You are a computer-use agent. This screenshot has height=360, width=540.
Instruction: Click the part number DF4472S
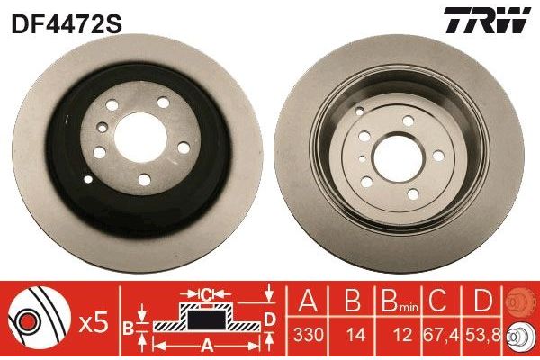(x=67, y=24)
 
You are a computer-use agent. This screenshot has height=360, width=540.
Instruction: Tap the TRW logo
(x=487, y=21)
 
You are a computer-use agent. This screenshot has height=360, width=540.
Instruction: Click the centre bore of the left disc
(x=140, y=137)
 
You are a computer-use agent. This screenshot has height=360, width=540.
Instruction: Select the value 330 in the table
(x=308, y=334)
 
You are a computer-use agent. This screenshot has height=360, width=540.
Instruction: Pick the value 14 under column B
(x=355, y=334)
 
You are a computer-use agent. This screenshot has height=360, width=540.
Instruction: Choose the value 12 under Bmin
(x=402, y=334)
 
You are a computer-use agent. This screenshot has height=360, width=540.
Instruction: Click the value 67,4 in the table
(x=441, y=334)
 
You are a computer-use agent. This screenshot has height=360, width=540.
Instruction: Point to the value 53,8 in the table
(x=482, y=334)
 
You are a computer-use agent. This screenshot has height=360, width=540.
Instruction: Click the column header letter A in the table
(x=308, y=301)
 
